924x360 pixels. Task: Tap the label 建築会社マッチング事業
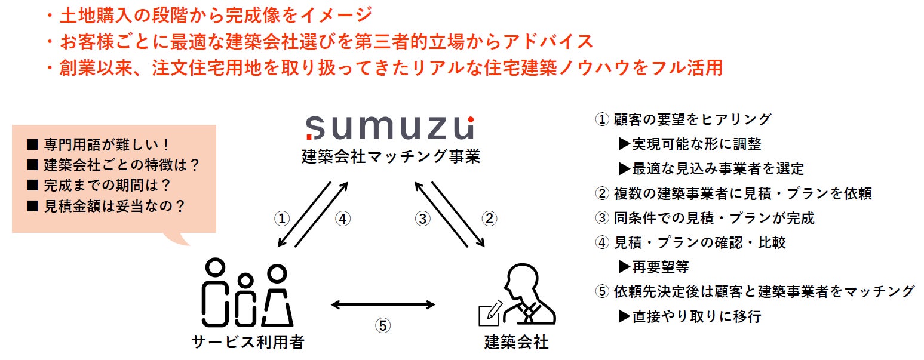tap(391, 157)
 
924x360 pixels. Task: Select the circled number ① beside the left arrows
tap(283, 219)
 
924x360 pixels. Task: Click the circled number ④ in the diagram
tap(342, 219)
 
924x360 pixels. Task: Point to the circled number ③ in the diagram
tap(423, 219)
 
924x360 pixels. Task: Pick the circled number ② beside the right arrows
tap(489, 219)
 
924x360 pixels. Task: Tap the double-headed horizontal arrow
tap(383, 305)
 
